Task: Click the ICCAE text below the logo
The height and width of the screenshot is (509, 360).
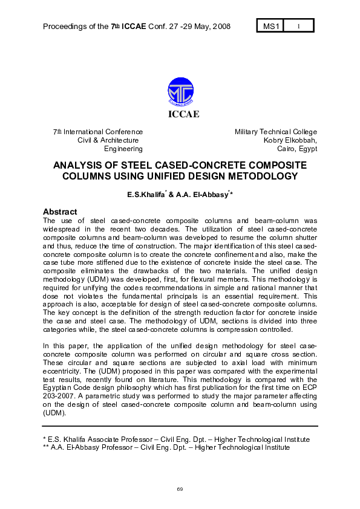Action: point(180,114)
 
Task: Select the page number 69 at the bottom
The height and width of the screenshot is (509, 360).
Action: point(180,488)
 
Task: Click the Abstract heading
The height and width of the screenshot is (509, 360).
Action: point(60,212)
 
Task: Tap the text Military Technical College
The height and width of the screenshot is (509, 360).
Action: point(275,132)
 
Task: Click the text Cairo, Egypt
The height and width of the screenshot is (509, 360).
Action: point(296,149)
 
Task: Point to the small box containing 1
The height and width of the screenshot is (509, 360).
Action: point(298,26)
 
